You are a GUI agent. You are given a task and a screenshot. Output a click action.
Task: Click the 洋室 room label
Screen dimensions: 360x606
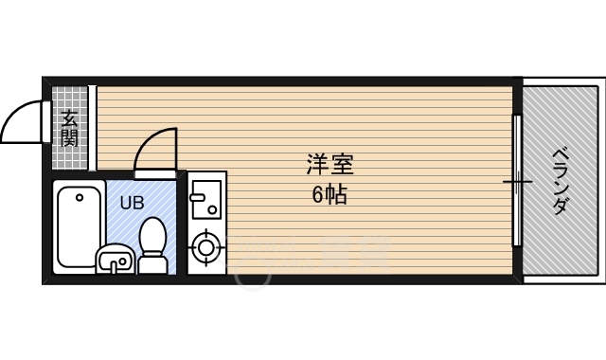[x=330, y=164]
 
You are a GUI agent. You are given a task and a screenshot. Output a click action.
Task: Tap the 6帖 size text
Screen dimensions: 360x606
[x=329, y=196]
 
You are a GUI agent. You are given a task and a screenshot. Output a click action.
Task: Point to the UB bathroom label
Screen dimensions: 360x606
[x=132, y=201]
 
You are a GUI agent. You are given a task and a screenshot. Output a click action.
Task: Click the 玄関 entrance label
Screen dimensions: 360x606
[x=70, y=129]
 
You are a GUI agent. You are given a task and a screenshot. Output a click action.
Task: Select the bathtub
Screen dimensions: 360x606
[x=79, y=225]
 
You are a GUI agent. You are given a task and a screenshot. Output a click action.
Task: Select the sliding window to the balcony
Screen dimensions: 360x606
[x=517, y=180]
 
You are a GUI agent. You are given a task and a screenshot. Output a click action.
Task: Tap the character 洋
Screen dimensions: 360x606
[x=317, y=164]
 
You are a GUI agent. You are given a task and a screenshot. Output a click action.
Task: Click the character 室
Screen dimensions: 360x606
[x=342, y=164]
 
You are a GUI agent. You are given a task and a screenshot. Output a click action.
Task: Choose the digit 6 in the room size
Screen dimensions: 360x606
[x=317, y=196]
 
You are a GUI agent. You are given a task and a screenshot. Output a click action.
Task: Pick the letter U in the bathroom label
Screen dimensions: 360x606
[x=125, y=201]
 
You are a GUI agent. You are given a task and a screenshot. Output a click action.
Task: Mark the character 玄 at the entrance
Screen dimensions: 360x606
[x=70, y=118]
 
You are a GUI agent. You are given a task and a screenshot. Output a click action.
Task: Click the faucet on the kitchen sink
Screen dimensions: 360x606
[x=197, y=197]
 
